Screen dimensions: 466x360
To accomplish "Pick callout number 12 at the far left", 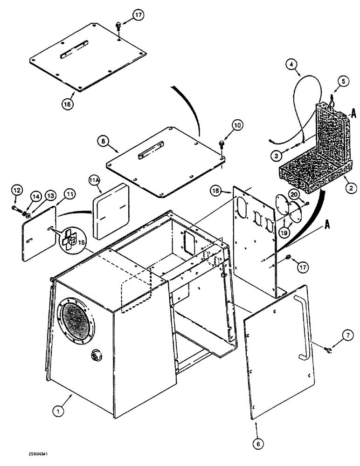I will [x=16, y=190].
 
